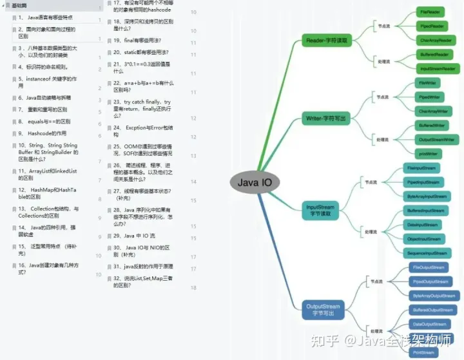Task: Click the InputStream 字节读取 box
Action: tap(321, 210)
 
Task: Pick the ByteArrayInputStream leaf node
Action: tap(426, 196)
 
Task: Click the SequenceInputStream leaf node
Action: tap(426, 254)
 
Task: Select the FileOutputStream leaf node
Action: tap(429, 267)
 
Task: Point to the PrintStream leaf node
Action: tap(423, 352)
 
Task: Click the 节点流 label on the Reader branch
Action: tap(383, 26)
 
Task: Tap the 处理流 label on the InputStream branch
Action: tap(371, 231)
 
